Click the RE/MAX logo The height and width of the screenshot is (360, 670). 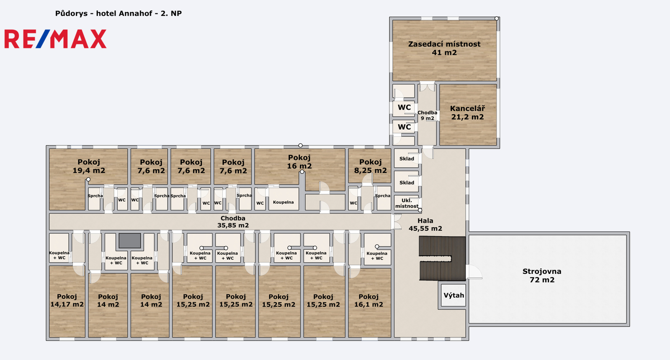click(x=55, y=39)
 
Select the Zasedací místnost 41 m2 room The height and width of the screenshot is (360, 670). click(x=444, y=50)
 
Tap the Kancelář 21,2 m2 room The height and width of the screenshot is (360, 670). click(x=468, y=115)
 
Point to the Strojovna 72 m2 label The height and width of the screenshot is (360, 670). click(x=542, y=275)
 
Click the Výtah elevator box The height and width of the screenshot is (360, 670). click(x=454, y=295)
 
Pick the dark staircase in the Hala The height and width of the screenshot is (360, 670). click(x=442, y=258)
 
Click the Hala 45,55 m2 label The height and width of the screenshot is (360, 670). click(x=425, y=224)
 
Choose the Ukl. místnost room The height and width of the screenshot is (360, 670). click(x=407, y=203)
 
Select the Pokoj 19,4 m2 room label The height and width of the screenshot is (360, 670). click(x=89, y=166)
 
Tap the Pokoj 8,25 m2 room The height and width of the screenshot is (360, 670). click(x=370, y=166)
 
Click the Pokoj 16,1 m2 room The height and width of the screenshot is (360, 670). click(x=370, y=303)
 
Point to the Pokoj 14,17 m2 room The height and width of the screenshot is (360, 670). click(x=67, y=301)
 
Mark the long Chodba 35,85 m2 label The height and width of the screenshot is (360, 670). click(x=233, y=222)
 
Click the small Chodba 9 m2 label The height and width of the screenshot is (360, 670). click(x=428, y=116)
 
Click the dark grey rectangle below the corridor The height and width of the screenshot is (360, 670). click(x=130, y=241)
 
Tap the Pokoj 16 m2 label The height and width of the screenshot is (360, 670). click(x=299, y=162)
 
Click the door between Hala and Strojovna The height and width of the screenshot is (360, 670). click(x=474, y=272)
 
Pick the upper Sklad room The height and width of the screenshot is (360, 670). click(x=407, y=158)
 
